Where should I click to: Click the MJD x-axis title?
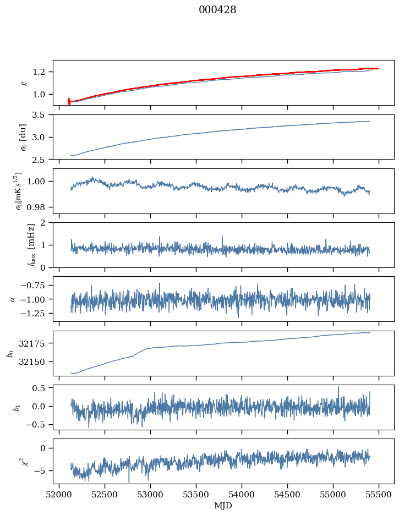pos(223,505)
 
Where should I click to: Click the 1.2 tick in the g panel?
pos(42,72)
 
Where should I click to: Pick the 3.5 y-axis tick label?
pos(42,115)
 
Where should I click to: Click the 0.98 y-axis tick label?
pos(40,207)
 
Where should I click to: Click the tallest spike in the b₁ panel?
pos(338,387)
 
